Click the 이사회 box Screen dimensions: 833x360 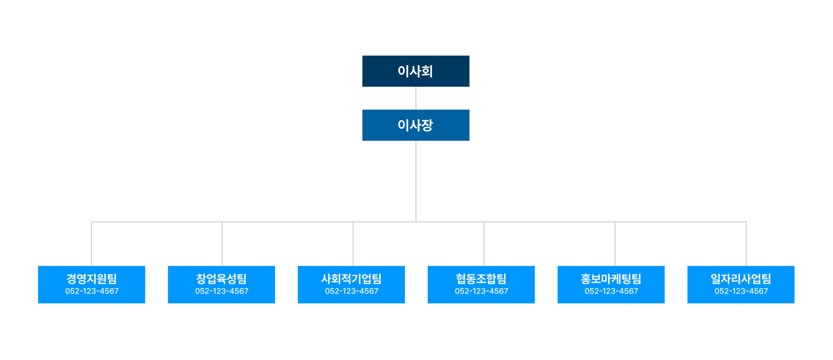click(x=416, y=71)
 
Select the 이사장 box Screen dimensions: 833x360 click(x=416, y=125)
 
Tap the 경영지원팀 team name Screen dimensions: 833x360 click(x=92, y=279)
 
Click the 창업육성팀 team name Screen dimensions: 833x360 click(x=221, y=279)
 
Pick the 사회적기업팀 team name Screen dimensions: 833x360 click(x=351, y=279)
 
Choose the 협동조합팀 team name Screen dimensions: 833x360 click(x=481, y=279)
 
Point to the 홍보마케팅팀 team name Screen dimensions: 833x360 click(x=611, y=279)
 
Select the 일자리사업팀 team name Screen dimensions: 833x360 click(x=741, y=279)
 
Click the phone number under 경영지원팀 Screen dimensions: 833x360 click(x=92, y=291)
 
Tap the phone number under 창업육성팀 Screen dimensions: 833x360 click(x=222, y=291)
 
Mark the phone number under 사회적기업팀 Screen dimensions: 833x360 click(x=352, y=291)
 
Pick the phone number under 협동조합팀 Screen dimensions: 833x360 click(x=482, y=291)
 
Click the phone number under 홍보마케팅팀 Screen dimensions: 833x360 click(x=611, y=291)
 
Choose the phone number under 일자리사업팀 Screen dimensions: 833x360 click(x=741, y=291)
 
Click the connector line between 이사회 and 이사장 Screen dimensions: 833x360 click(x=416, y=98)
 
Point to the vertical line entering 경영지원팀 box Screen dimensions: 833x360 click(x=92, y=244)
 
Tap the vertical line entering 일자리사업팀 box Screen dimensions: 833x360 click(x=746, y=244)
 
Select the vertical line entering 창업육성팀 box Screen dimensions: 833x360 click(x=222, y=244)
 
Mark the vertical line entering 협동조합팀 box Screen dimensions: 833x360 click(x=484, y=244)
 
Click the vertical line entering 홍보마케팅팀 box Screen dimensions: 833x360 click(x=615, y=244)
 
